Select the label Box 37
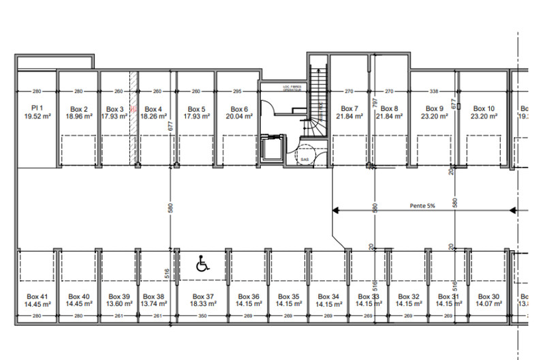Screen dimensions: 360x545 pyautogui.click(x=203, y=297)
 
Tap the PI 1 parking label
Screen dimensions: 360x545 pyautogui.click(x=37, y=108)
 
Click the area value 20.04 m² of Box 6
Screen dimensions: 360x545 pyautogui.click(x=239, y=117)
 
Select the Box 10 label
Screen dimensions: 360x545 pyautogui.click(x=484, y=108)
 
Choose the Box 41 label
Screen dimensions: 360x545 pyautogui.click(x=37, y=297)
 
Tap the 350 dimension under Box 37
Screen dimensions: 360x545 pyautogui.click(x=203, y=316)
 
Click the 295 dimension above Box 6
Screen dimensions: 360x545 pyautogui.click(x=237, y=91)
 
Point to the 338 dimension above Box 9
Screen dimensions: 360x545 pyautogui.click(x=433, y=91)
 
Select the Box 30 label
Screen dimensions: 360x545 pyautogui.click(x=488, y=297)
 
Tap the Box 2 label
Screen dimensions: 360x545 pyautogui.click(x=78, y=108)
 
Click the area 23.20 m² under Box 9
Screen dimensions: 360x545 pyautogui.click(x=435, y=117)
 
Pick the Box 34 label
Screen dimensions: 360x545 pyautogui.click(x=328, y=297)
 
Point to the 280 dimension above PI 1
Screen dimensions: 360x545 pyautogui.click(x=37, y=91)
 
